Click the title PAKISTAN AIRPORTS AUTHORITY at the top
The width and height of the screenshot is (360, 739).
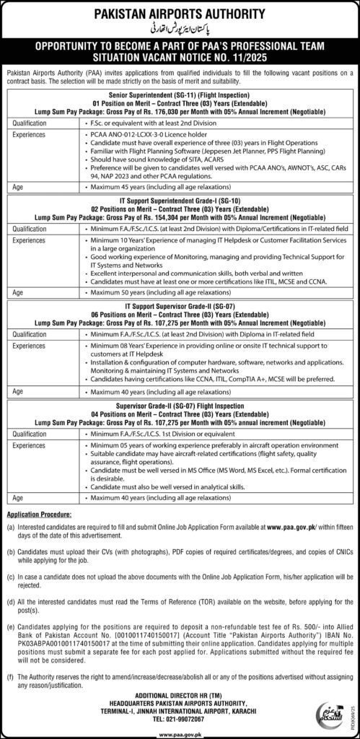point(180,12)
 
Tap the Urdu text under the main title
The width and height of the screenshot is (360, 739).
point(180,28)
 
